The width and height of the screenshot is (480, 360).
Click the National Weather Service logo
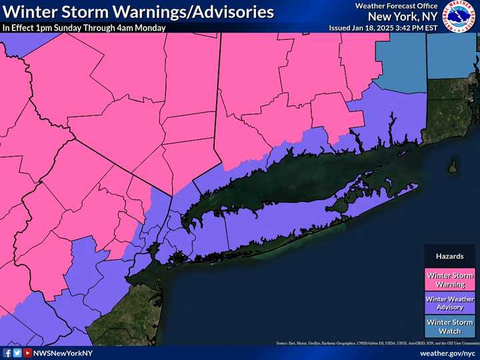pyautogui.click(x=459, y=17)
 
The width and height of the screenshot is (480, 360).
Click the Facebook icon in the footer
pyautogui.click(x=7, y=353)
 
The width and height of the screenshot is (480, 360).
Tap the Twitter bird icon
pyautogui.click(x=17, y=353)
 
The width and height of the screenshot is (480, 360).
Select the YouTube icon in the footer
pyautogui.click(x=27, y=353)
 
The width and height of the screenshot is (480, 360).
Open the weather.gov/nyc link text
pyautogui.click(x=447, y=353)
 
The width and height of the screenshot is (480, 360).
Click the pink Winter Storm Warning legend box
pyautogui.click(x=450, y=280)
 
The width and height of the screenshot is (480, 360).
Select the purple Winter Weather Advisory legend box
pyautogui.click(x=450, y=303)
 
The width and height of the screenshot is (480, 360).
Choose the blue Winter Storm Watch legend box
pyautogui.click(x=450, y=327)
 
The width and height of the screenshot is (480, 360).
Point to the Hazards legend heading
pyautogui.click(x=450, y=256)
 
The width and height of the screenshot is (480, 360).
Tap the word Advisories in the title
pyautogui.click(x=230, y=12)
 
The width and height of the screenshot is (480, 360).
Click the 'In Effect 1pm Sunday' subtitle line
pyautogui.click(x=83, y=28)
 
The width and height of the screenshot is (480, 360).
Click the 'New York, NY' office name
pyautogui.click(x=407, y=16)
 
